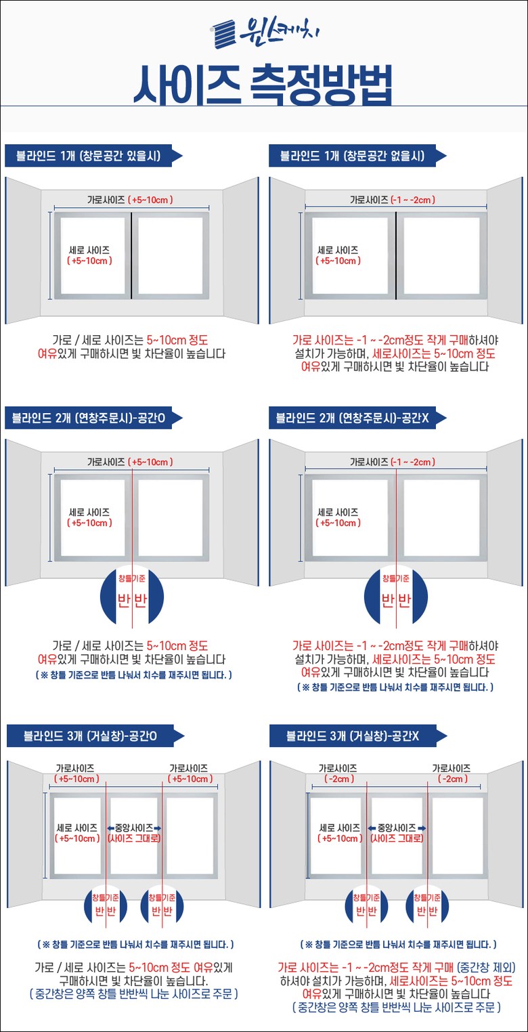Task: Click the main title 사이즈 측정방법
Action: pos(263,85)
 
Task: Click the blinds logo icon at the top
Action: pos(224,34)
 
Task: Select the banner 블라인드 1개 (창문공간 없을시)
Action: pos(357,156)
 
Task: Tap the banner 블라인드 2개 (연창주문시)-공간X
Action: pos(357,418)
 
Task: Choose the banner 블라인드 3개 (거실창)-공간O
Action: pos(95,736)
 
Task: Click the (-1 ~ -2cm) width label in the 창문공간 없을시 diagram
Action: pos(413,200)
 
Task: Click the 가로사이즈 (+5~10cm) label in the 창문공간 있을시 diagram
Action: pos(131,200)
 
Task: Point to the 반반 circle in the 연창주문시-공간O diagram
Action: pos(132,596)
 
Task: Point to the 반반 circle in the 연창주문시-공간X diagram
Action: pos(396,596)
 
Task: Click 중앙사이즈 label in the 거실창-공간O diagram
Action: pos(134,828)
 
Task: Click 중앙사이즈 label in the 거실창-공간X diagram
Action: pos(397,828)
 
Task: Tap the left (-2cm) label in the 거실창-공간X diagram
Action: pos(340,779)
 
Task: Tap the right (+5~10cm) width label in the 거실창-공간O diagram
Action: pos(190,779)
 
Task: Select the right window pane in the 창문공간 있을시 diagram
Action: pos(171,256)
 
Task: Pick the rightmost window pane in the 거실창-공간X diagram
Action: pos(458,836)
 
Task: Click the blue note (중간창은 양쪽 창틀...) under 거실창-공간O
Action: pos(134,994)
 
